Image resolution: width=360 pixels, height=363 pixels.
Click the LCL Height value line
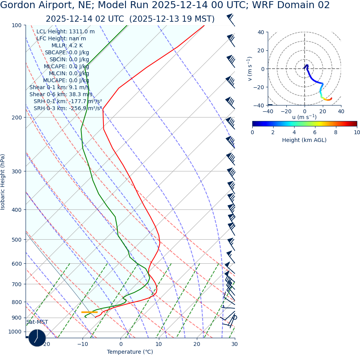(65, 32)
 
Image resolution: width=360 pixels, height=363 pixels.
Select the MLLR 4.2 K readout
(67, 46)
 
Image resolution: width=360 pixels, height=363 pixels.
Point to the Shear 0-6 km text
(61, 94)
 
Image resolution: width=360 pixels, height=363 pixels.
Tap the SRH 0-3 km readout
(68, 108)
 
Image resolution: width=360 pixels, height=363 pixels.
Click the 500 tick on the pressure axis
(16, 240)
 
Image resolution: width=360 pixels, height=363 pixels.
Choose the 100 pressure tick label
(16, 25)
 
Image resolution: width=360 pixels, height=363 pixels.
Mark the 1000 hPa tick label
(15, 332)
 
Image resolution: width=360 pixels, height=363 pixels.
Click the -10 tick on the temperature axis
(83, 344)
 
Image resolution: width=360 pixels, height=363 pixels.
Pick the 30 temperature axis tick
(234, 344)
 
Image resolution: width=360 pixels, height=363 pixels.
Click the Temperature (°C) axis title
(130, 352)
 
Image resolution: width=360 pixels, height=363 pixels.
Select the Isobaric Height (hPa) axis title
(3, 182)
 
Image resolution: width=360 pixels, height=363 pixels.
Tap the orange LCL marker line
(89, 312)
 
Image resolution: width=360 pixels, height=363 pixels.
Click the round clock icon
(37, 338)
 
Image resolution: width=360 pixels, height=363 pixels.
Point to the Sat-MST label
(37, 322)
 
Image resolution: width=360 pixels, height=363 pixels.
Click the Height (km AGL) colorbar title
(304, 140)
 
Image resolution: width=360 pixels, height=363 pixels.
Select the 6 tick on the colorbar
(315, 132)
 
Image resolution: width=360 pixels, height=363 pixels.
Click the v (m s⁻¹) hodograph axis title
(250, 69)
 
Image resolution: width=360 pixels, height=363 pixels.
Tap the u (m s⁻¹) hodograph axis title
(304, 117)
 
